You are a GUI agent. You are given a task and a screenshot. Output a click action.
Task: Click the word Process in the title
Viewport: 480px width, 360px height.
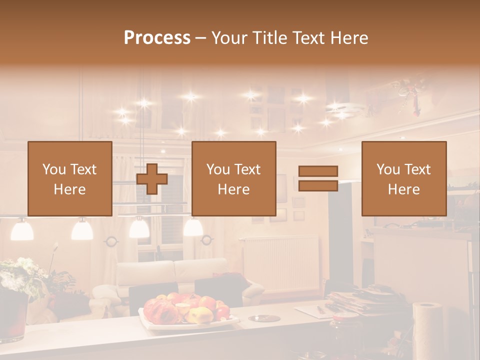pyautogui.click(x=157, y=37)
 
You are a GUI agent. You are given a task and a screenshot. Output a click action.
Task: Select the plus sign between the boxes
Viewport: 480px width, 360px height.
pyautogui.click(x=152, y=178)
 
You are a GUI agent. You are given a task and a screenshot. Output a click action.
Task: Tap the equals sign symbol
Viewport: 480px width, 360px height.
pyautogui.click(x=318, y=178)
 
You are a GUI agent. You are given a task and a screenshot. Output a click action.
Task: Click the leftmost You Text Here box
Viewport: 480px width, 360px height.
pyautogui.click(x=70, y=178)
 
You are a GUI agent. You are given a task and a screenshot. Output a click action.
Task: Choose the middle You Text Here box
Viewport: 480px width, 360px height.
pyautogui.click(x=233, y=178)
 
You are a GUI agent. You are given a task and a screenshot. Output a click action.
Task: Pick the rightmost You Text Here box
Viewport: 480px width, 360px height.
pyautogui.click(x=403, y=178)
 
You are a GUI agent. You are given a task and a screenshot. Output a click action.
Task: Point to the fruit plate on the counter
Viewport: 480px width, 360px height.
pyautogui.click(x=187, y=310)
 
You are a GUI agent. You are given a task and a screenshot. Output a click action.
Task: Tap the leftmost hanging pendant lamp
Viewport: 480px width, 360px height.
pyautogui.click(x=22, y=229)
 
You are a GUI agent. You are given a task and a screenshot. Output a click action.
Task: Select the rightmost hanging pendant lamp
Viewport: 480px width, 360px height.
pyautogui.click(x=192, y=227)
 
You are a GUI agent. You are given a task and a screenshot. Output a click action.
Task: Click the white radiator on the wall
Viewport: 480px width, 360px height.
pyautogui.click(x=281, y=262)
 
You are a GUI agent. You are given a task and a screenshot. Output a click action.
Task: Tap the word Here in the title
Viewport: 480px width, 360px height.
pyautogui.click(x=349, y=37)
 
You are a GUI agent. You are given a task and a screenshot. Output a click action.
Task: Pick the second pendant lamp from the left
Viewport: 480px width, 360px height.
pyautogui.click(x=82, y=229)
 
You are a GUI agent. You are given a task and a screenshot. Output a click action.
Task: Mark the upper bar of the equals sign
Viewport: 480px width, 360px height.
pyautogui.click(x=318, y=171)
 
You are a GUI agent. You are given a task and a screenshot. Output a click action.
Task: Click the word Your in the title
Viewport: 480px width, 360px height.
pyautogui.click(x=231, y=37)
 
